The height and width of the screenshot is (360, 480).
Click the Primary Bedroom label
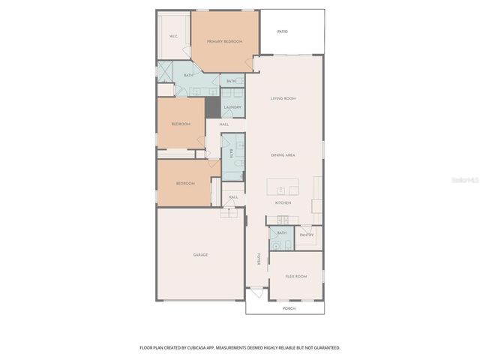[225, 41]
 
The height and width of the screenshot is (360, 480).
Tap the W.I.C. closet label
[173, 36]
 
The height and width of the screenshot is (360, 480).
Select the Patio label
[282, 31]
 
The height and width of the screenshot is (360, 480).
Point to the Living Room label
[283, 99]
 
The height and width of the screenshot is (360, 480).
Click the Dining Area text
[283, 154]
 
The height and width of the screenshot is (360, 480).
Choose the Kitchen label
[283, 202]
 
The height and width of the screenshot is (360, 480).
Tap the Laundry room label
[232, 107]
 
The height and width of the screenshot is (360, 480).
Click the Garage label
[200, 255]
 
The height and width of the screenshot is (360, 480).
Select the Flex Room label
[295, 276]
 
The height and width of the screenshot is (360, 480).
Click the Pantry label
[307, 235]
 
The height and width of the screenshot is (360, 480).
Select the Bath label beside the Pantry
[283, 232]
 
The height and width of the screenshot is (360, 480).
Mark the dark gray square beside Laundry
[213, 108]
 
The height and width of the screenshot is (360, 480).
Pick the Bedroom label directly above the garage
[185, 184]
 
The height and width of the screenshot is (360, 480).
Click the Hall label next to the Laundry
[223, 124]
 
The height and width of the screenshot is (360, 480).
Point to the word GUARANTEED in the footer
[325, 347]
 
